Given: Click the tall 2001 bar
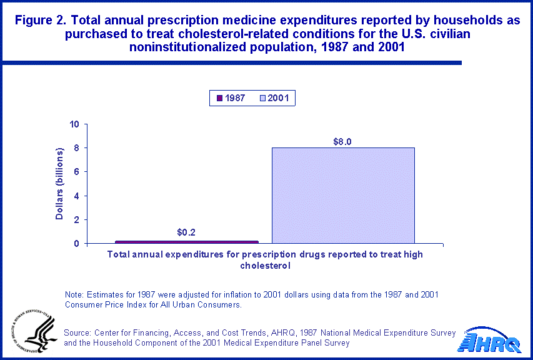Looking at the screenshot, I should (343, 195).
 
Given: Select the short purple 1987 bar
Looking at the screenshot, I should (187, 242).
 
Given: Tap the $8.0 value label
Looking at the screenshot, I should (343, 142).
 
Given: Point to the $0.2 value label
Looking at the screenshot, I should (186, 232).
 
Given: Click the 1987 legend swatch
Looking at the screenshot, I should (219, 98).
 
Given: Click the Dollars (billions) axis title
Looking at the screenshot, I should (60, 184).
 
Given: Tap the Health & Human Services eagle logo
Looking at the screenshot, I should (30, 331).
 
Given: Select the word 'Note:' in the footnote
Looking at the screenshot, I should (76, 294).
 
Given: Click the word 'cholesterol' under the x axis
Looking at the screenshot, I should (265, 265).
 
